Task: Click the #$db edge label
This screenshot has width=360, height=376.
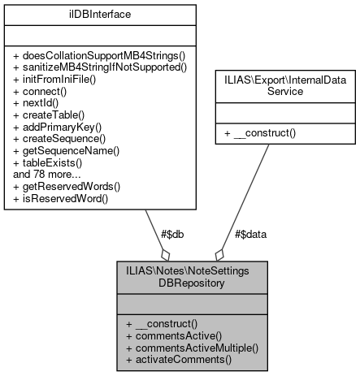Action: click(x=172, y=233)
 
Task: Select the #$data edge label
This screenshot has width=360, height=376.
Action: click(x=250, y=233)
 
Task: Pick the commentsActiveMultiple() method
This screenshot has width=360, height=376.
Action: click(x=192, y=347)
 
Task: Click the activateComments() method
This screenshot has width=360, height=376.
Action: click(x=179, y=358)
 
